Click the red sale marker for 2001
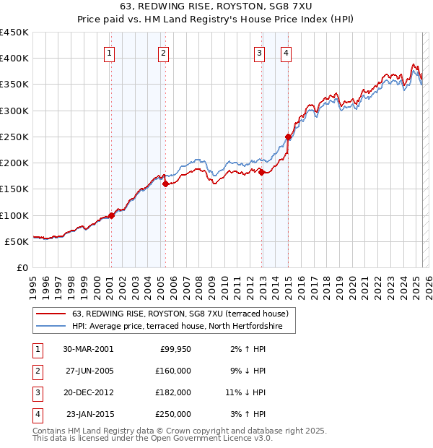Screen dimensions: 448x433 112,215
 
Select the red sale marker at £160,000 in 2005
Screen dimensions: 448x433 165,184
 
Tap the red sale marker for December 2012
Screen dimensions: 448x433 261,172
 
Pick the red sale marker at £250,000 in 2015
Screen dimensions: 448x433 288,137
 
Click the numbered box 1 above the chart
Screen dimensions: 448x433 109,52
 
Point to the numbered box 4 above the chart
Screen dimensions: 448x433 287,52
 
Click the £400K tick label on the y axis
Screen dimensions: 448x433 14,59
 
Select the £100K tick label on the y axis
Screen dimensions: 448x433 14,215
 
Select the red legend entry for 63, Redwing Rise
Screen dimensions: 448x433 180,314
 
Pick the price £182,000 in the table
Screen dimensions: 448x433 173,392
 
